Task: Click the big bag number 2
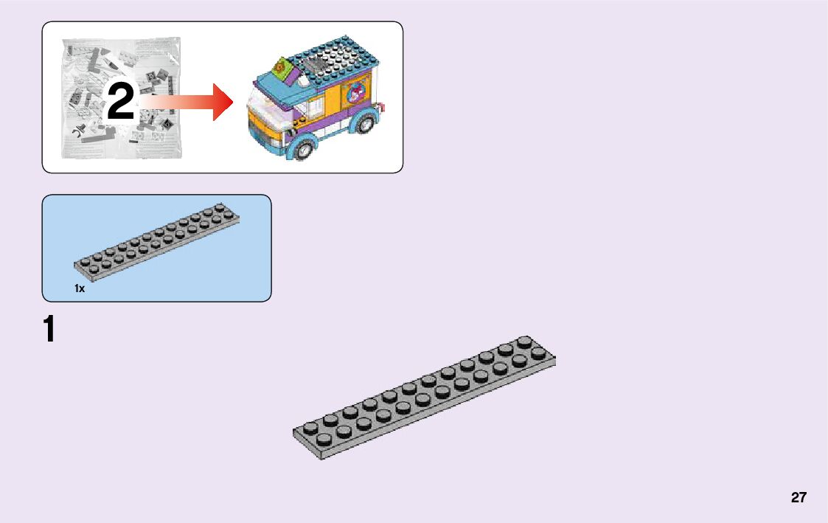point(121,102)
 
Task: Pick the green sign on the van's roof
point(282,67)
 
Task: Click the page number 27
point(799,497)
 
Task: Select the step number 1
point(49,329)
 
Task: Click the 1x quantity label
point(80,288)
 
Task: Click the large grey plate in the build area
point(424,398)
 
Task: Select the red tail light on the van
point(381,108)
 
